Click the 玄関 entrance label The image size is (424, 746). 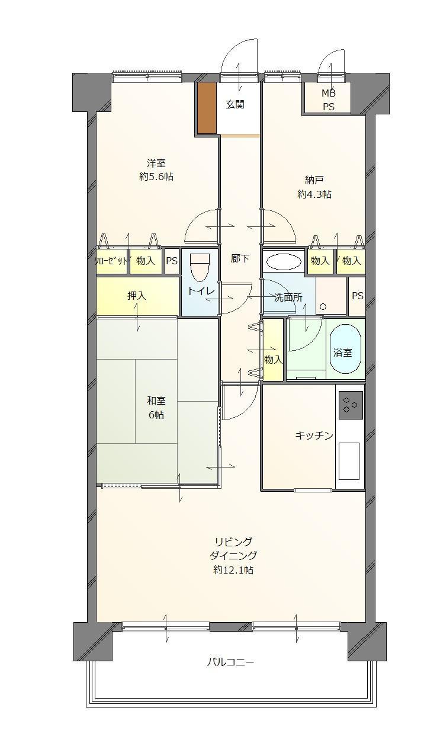tap(235, 104)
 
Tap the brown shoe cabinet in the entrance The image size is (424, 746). tap(207, 108)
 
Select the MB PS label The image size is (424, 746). tap(329, 100)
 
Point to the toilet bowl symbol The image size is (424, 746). tap(200, 267)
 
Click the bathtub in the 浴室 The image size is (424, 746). tap(345, 348)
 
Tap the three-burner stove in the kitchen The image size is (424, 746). tap(351, 405)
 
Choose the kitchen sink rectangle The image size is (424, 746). tap(349, 461)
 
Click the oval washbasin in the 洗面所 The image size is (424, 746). tap(284, 262)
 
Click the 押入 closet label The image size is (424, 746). tap(137, 295)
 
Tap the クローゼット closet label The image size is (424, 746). tap(111, 261)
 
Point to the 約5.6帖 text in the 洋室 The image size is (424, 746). tap(156, 177)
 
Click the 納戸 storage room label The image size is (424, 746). tap(314, 180)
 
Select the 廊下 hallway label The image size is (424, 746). tap(240, 258)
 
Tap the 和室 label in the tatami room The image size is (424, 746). tap(156, 401)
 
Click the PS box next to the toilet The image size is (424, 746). tap(172, 261)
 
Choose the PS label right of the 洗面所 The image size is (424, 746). tap(358, 296)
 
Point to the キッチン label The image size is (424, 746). tap(314, 436)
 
